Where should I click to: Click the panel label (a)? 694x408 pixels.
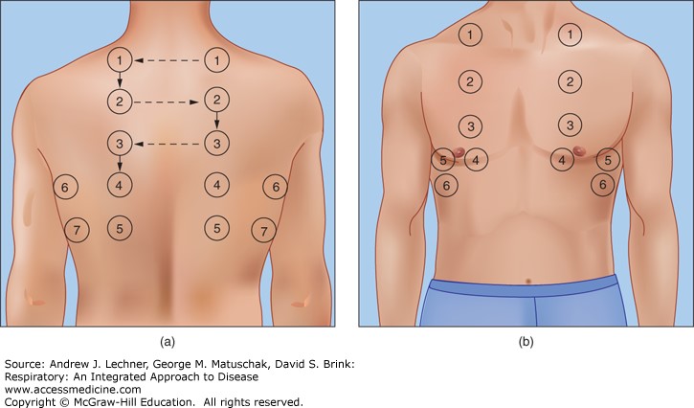(168, 342)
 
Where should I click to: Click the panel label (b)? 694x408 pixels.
(526, 342)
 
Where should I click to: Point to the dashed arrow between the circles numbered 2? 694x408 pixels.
(166, 102)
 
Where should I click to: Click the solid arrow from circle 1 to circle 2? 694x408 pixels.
(120, 80)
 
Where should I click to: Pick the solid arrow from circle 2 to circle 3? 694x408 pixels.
(217, 121)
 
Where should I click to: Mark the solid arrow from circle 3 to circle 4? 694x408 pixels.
(120, 164)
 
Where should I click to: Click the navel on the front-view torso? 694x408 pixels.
(528, 281)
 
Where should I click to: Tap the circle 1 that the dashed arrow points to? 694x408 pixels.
(120, 59)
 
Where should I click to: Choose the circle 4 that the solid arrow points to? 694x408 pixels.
(120, 185)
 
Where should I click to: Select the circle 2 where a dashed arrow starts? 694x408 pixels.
(120, 102)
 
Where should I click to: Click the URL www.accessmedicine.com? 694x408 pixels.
(73, 390)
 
